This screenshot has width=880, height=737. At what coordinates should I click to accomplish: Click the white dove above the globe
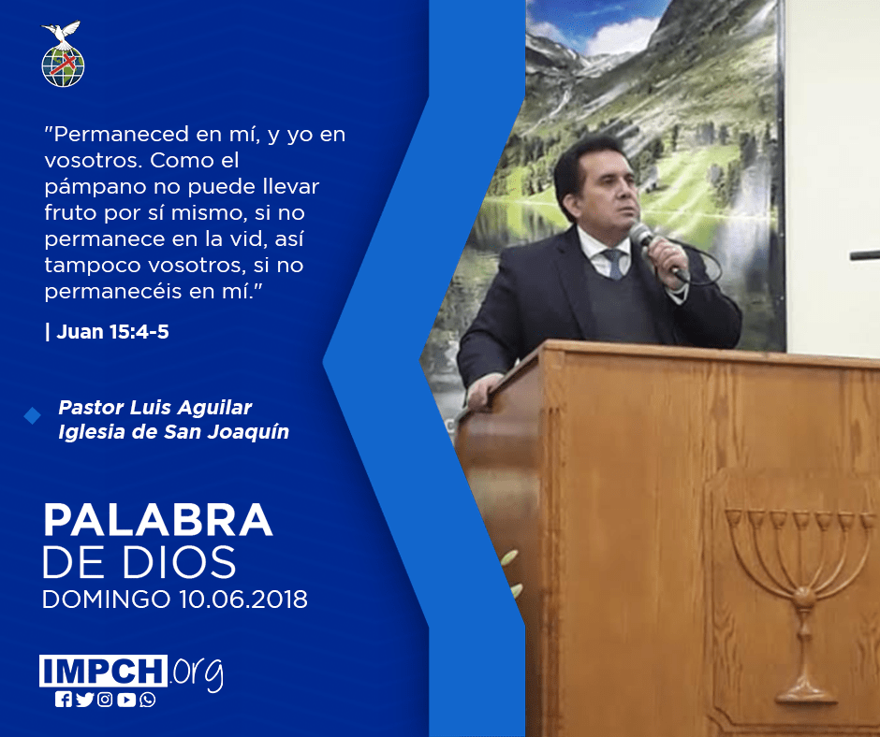tap(62, 34)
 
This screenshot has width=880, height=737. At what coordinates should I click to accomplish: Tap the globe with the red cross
tap(63, 66)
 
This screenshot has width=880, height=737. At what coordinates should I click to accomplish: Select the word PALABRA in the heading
tap(158, 521)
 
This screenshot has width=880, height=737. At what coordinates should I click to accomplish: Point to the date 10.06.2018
tap(243, 599)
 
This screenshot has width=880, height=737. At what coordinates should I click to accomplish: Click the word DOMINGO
tap(106, 599)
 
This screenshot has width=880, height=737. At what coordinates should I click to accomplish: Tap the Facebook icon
tap(64, 700)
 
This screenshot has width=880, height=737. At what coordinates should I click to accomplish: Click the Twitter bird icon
tap(85, 700)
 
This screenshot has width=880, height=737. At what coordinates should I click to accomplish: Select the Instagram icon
tap(105, 700)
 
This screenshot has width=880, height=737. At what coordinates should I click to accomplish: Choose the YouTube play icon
tap(126, 700)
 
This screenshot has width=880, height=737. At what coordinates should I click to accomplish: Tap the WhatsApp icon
tap(148, 700)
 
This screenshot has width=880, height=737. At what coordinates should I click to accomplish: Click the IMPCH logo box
tap(103, 671)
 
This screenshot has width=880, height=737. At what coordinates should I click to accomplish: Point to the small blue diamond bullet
tap(33, 415)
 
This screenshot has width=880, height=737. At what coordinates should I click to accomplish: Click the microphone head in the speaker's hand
tap(639, 233)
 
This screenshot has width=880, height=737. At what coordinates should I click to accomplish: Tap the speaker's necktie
tap(614, 264)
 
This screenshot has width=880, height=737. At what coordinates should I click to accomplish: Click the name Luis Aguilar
tap(191, 408)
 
